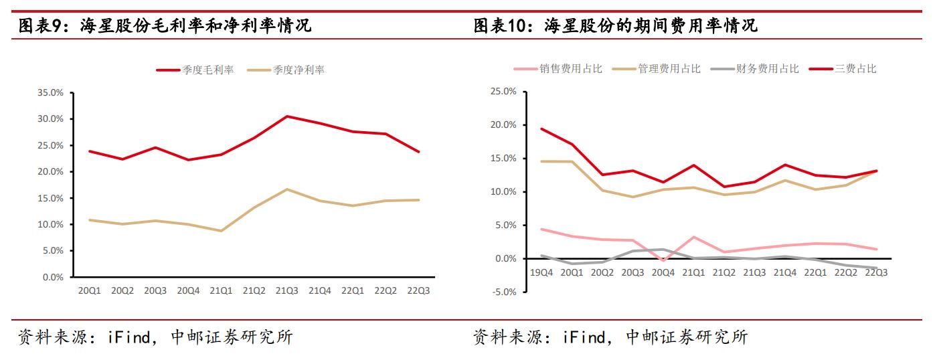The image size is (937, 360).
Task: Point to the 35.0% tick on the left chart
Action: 50,92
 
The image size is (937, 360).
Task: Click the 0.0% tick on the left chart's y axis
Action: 52,277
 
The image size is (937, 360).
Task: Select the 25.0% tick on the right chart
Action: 503,92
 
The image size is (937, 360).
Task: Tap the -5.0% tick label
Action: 503,292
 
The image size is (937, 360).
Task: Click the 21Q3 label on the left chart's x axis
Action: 287,290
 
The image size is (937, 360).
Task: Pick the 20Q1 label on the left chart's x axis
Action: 90,290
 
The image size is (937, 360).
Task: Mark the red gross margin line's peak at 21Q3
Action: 287,116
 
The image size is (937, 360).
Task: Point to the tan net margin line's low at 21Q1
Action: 222,231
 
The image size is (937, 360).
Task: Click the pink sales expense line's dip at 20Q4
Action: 663,260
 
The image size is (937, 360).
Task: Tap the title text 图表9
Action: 41,26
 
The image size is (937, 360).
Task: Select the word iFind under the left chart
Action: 131,337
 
